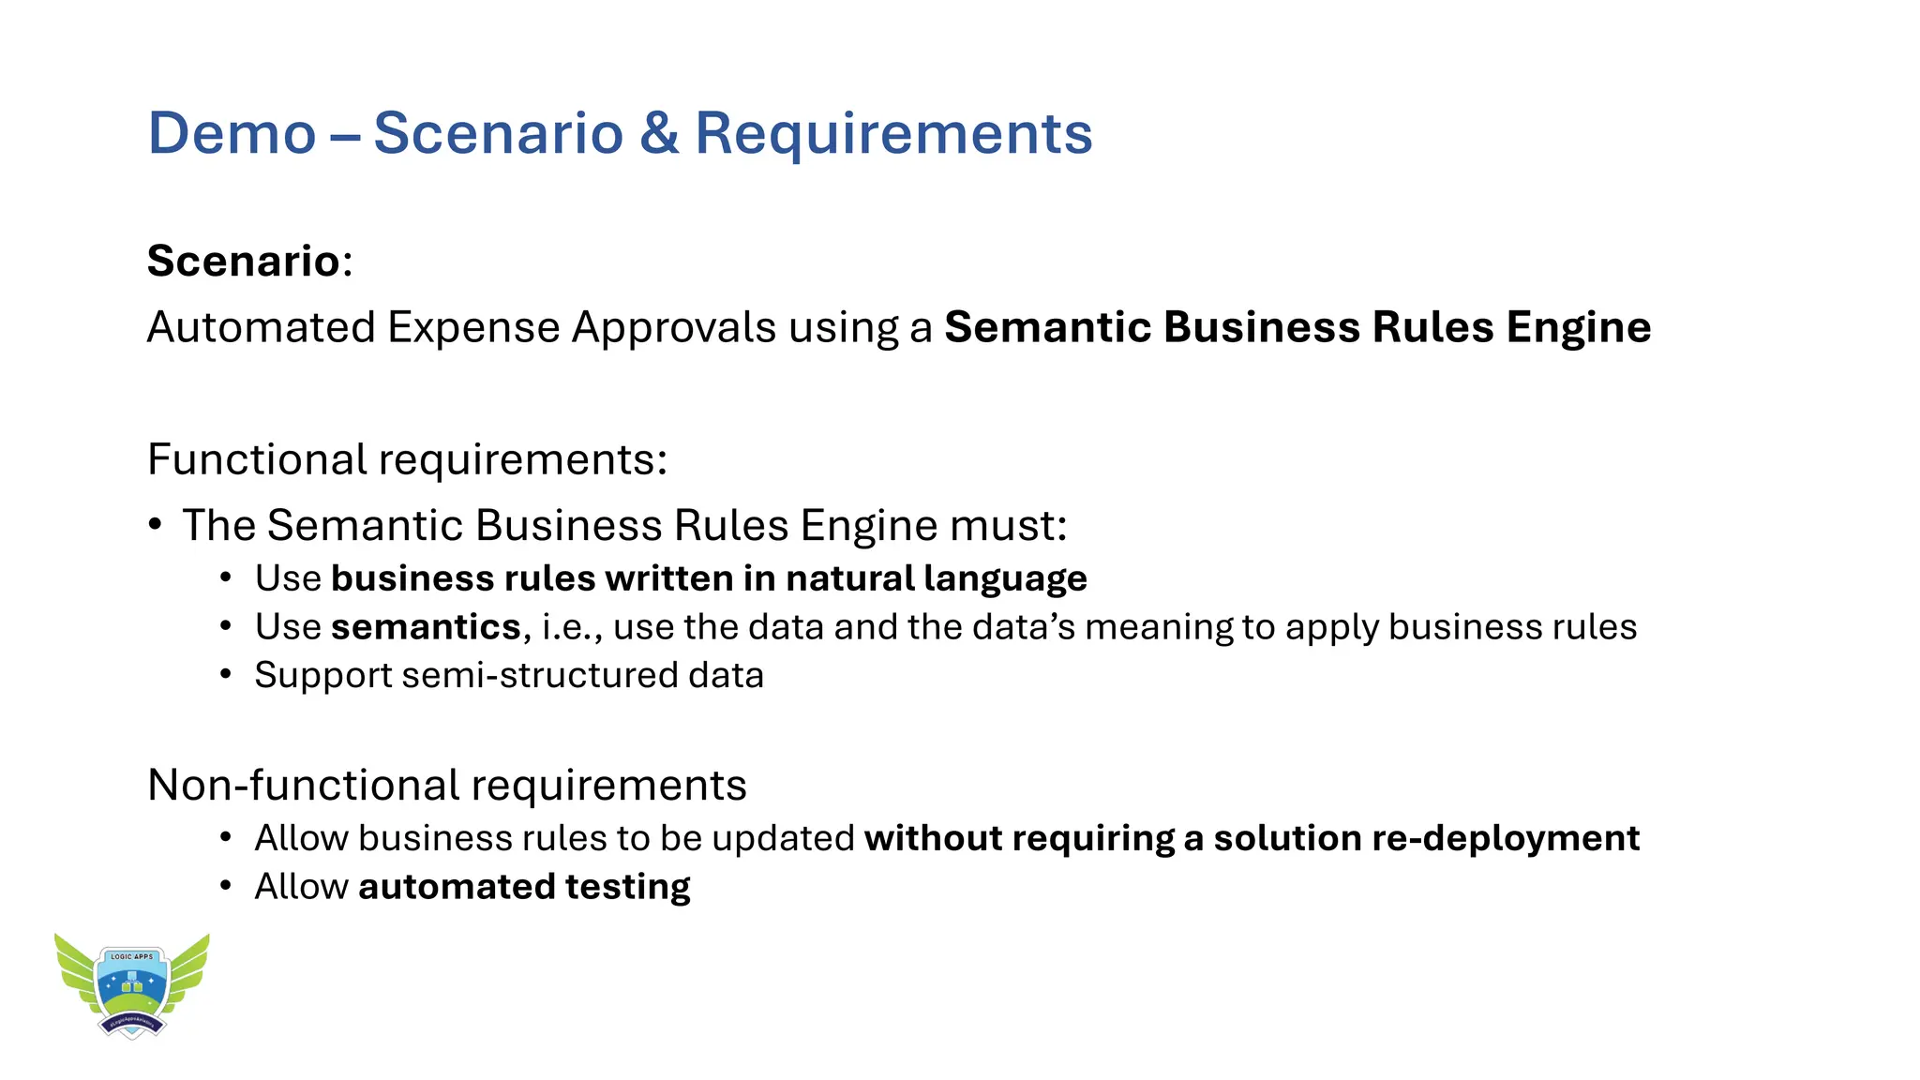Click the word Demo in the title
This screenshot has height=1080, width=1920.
[x=232, y=133]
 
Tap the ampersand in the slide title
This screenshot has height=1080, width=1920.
[x=659, y=133]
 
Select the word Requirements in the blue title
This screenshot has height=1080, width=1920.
[x=892, y=133]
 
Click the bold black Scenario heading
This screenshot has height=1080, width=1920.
[x=243, y=261]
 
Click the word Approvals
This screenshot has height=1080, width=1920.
[x=674, y=327]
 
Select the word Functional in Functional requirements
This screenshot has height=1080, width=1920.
[x=257, y=459]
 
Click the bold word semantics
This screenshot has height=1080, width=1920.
[x=426, y=626]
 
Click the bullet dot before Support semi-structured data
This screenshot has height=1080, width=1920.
[x=225, y=674]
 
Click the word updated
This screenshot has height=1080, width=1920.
[x=783, y=838]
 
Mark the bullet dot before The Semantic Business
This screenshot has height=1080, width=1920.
[x=155, y=524]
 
